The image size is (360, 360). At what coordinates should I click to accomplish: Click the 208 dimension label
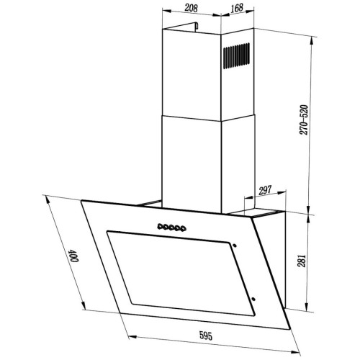click(191, 8)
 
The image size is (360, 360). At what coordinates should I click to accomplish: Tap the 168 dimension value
click(237, 8)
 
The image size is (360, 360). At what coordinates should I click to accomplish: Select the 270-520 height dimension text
click(304, 120)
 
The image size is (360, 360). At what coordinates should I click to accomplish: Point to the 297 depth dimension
click(265, 190)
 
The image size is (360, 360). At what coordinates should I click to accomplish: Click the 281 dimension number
click(302, 261)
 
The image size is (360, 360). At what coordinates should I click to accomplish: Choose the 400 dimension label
click(73, 256)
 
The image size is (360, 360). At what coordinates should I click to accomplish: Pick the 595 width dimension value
click(206, 336)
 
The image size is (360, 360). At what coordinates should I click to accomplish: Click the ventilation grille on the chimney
click(236, 55)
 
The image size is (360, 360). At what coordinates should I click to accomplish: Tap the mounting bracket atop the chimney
click(196, 27)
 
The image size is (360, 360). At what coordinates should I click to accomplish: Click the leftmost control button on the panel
click(160, 226)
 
